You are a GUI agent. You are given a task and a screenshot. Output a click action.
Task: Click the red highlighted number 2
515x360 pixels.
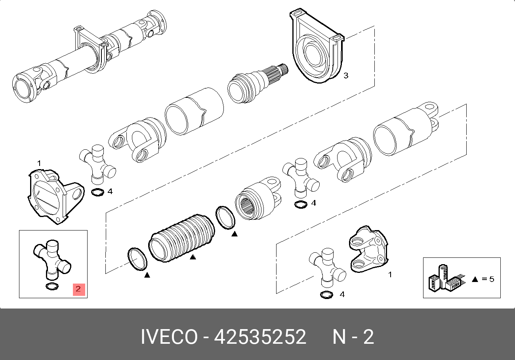click(79, 290)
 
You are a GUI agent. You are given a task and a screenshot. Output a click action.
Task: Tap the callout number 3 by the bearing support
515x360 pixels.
click(346, 75)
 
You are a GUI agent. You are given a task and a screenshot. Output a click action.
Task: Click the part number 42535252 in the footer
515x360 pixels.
click(260, 337)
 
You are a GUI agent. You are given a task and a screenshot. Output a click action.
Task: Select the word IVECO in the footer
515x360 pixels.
click(169, 337)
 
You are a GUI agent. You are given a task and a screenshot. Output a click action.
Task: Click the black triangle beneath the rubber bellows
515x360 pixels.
click(193, 257)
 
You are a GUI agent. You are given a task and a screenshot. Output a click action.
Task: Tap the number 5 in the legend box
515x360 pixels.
click(492, 279)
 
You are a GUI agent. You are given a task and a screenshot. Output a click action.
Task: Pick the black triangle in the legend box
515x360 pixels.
click(475, 279)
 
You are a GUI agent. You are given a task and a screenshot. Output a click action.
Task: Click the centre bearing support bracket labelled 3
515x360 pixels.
click(317, 46)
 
